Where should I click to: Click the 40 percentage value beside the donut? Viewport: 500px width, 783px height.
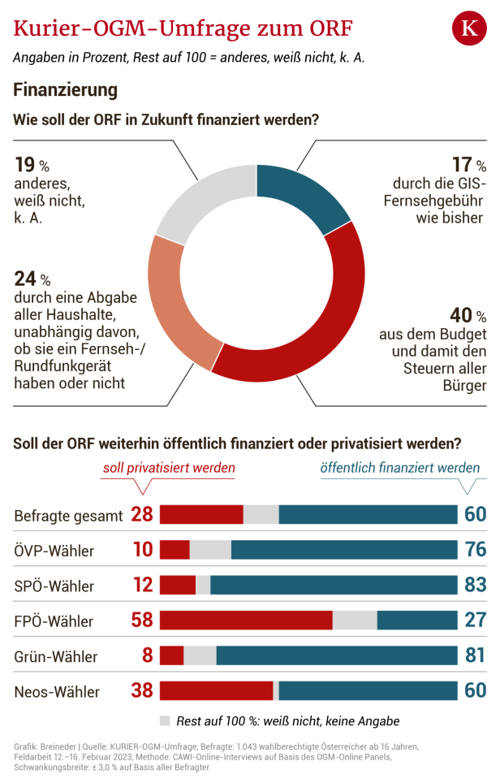[460, 315]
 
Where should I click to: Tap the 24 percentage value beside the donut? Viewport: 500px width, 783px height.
[26, 279]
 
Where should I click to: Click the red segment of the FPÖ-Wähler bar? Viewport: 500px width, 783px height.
[246, 621]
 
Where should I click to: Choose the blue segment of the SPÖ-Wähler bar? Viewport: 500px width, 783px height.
[334, 585]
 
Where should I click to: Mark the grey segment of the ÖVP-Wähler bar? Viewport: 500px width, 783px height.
[210, 550]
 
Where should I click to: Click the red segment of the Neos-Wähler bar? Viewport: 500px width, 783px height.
[216, 691]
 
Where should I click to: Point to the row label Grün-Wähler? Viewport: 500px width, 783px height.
[56, 656]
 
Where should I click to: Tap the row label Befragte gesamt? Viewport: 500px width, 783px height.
[69, 515]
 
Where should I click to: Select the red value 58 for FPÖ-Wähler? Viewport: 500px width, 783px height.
[142, 621]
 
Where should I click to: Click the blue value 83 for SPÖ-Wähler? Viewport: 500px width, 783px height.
[475, 585]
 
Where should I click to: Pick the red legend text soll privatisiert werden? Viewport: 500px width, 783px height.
[168, 468]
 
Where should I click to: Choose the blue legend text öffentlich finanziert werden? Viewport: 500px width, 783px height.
[399, 468]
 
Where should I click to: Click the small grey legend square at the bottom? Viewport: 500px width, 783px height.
[165, 720]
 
